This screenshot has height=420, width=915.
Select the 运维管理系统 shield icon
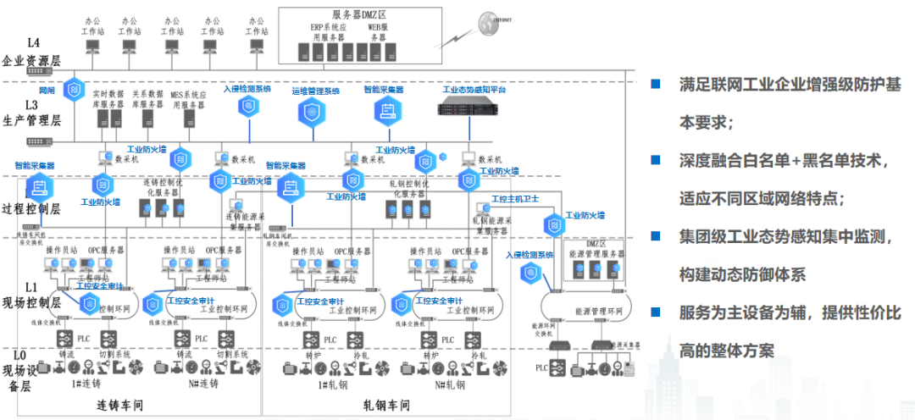click(315, 112)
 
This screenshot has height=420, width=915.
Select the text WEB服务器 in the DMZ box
click(378, 32)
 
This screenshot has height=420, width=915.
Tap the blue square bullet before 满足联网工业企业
click(655, 84)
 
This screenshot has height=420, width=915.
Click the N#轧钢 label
click(451, 385)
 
